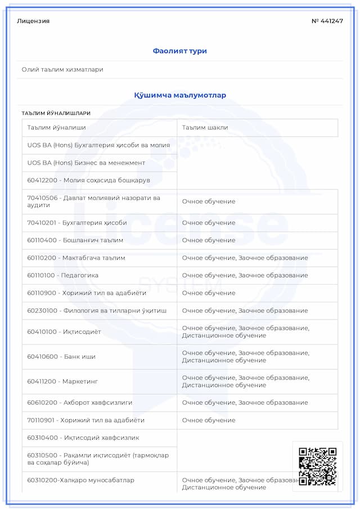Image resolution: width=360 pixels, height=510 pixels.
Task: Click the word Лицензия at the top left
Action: point(33,21)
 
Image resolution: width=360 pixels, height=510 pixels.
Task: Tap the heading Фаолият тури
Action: point(180,51)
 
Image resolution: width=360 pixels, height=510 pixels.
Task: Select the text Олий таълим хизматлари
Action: point(62,69)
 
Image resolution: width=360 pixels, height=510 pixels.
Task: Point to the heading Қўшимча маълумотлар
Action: point(180,95)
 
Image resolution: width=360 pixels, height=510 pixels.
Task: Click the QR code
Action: point(317,466)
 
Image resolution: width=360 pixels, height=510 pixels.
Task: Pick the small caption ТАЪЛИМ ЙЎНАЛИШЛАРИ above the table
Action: point(56,113)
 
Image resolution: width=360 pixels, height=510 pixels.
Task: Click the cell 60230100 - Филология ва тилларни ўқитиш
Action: point(97,310)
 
